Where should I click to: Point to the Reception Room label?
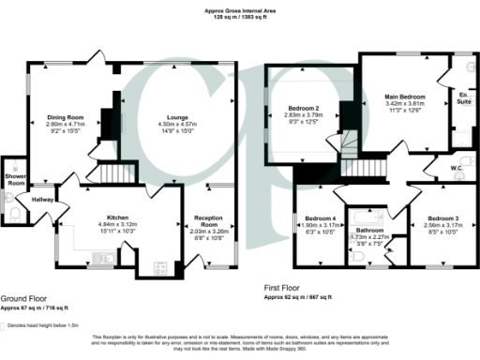tap(209, 220)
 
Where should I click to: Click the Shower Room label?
tap(14, 179)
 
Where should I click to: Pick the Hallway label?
tap(42, 200)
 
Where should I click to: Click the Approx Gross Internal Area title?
tap(239, 10)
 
